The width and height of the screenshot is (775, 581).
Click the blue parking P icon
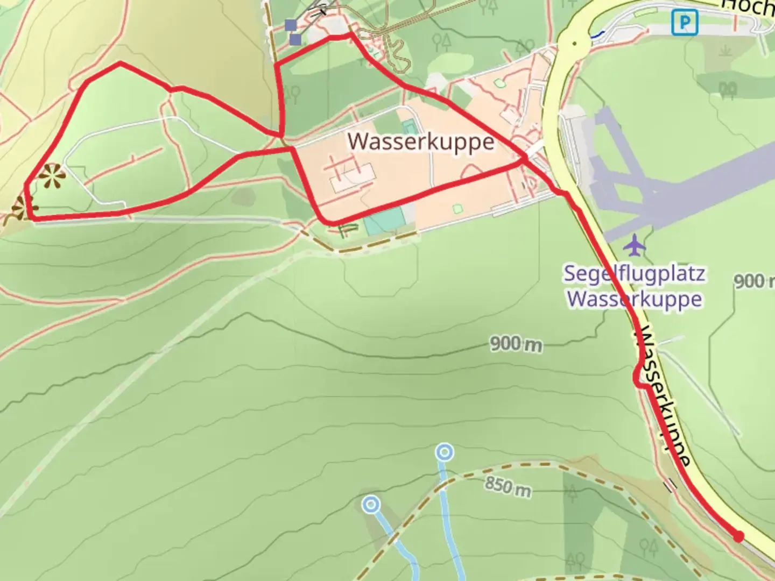[x=685, y=23]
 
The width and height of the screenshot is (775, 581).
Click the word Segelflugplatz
[x=634, y=274]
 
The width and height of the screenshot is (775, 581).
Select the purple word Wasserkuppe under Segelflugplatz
[x=635, y=299]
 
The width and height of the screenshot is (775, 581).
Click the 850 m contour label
[x=507, y=486]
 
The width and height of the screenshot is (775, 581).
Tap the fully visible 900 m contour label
[x=516, y=343]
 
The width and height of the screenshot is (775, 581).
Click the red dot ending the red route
[x=738, y=536]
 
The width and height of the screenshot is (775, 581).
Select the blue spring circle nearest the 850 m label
[x=444, y=453]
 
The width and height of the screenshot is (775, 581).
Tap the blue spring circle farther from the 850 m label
[x=371, y=505]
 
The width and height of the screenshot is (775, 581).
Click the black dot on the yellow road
[x=574, y=43]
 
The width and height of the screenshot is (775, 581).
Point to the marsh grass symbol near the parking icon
[x=724, y=51]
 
